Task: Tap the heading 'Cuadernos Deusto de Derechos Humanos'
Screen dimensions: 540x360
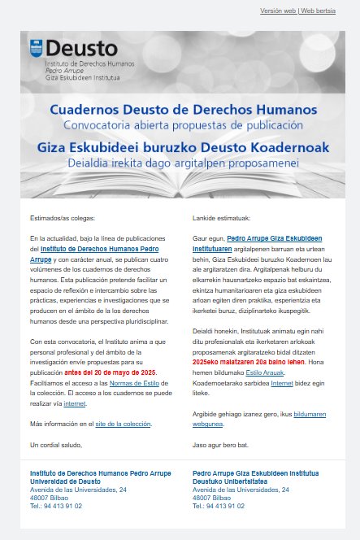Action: click(183, 109)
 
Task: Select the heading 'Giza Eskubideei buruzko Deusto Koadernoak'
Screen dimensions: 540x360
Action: click(183, 148)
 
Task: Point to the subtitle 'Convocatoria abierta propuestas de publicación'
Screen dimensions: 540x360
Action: click(183, 126)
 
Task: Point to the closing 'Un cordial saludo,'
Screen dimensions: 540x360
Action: click(56, 445)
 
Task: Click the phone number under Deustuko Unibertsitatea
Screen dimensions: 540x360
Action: click(219, 505)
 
